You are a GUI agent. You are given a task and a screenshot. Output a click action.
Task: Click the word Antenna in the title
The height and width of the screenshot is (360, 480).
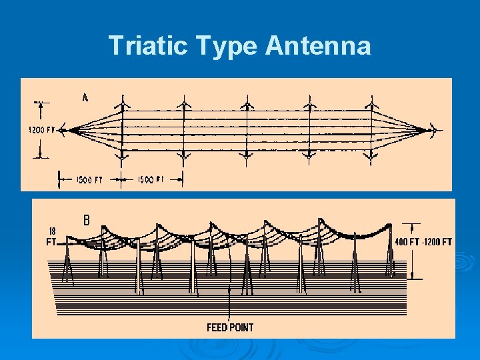[318, 46]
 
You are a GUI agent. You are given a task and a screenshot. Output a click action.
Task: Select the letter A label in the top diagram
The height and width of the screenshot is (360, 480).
[85, 97]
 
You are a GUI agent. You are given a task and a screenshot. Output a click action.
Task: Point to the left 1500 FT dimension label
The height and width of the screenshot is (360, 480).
[89, 179]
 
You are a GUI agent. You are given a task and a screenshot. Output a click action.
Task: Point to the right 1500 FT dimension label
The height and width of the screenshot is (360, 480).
[150, 179]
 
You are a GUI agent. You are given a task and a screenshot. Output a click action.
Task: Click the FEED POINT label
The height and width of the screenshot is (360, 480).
[230, 327]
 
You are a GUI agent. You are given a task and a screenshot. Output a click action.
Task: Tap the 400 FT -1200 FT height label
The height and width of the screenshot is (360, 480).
[423, 241]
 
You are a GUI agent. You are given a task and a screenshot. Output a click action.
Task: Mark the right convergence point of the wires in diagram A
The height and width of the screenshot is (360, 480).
[427, 130]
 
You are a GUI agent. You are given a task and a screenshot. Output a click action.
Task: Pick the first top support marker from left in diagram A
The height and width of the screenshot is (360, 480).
[121, 102]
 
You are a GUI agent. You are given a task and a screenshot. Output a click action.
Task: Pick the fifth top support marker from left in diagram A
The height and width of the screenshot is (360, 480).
[371, 102]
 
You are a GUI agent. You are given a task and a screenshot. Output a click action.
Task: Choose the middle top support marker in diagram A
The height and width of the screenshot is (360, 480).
[247, 102]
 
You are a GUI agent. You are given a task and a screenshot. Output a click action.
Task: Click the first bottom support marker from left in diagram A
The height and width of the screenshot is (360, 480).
[121, 158]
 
